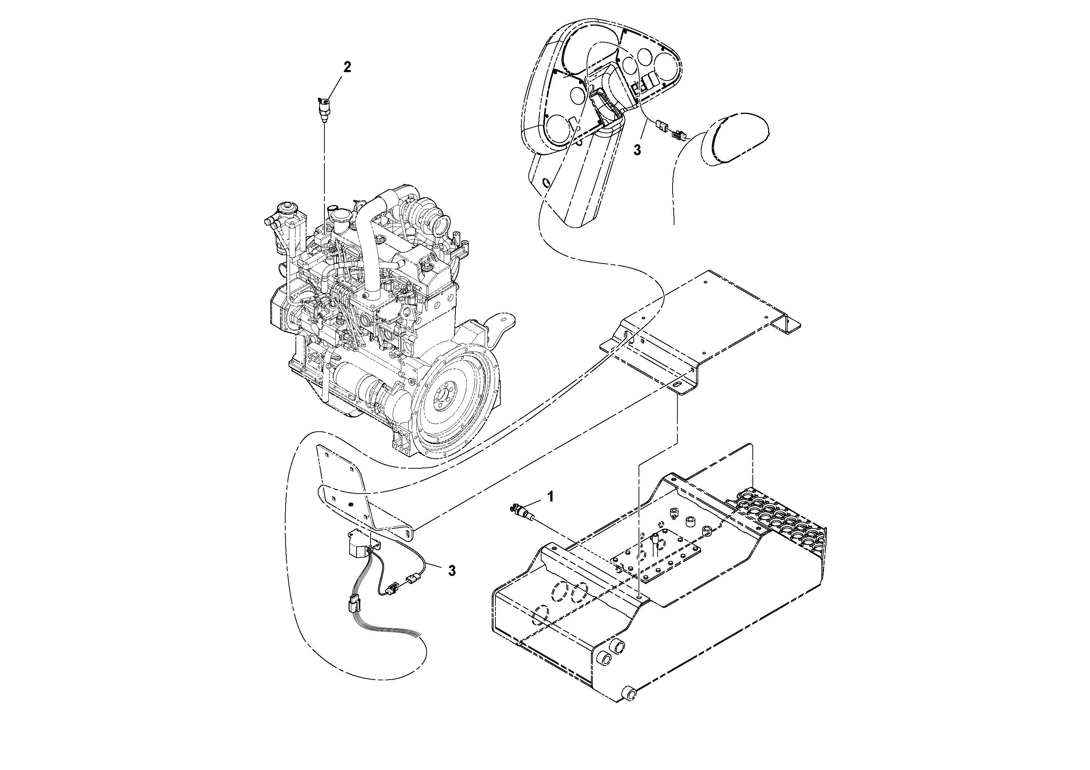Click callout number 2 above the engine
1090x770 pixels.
click(347, 67)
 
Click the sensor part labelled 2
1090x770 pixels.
click(324, 109)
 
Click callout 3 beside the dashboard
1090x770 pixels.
click(637, 150)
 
